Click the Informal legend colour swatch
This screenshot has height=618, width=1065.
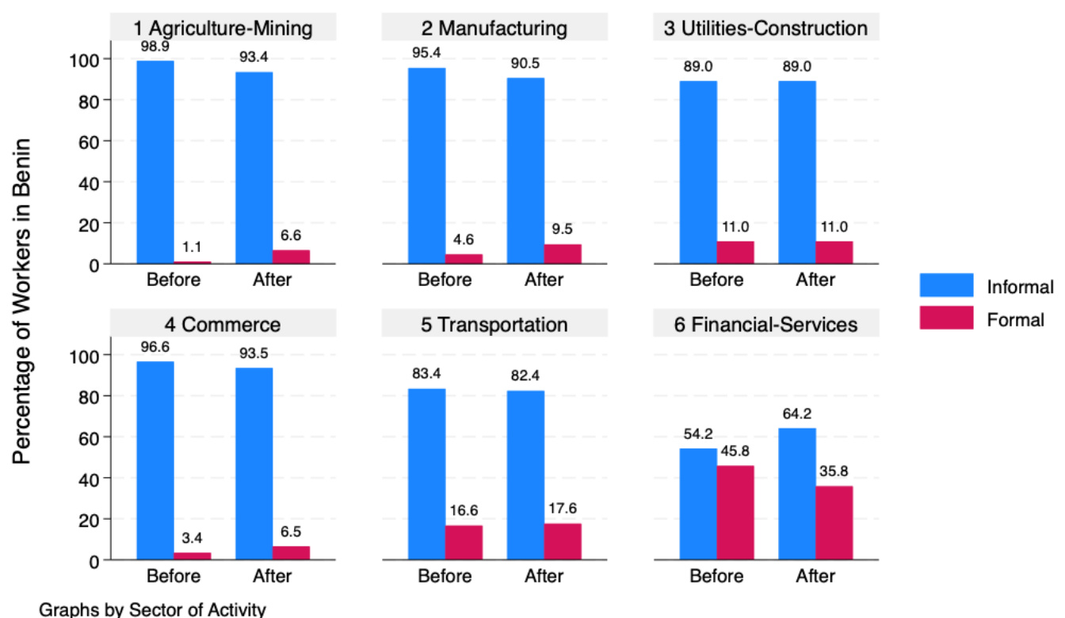pos(946,285)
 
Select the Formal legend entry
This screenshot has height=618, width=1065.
pos(1016,320)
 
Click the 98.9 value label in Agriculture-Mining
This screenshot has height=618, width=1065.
pos(155,48)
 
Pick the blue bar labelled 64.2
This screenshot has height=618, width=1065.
pos(797,494)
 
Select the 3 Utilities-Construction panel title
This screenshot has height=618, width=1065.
pos(765,29)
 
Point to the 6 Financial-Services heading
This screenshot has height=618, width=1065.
pos(765,325)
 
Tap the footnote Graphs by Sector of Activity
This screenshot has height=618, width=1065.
pos(152,609)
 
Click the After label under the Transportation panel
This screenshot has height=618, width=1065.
pos(544,576)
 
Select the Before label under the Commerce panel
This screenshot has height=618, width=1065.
pos(174,576)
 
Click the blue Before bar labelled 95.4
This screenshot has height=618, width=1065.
pos(427,166)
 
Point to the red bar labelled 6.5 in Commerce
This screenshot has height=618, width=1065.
pos(291,553)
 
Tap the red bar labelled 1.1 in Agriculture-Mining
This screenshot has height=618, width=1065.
pos(193,262)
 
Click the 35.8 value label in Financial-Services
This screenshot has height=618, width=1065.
pos(834,471)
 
